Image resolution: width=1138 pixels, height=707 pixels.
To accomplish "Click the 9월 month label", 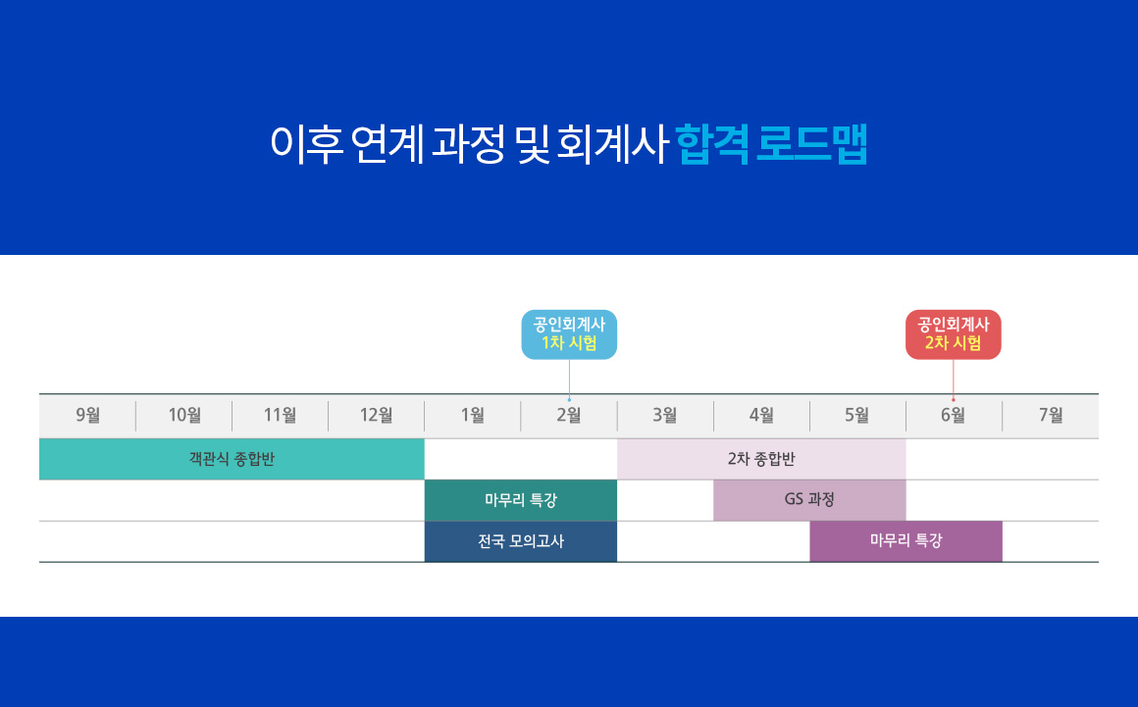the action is [x=88, y=415].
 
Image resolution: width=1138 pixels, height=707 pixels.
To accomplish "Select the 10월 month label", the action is [x=184, y=415].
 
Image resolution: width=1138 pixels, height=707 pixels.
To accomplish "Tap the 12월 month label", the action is [x=376, y=415].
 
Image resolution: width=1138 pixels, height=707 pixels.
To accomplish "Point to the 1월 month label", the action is [x=473, y=415].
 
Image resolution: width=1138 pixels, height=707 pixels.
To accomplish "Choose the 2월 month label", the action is [x=568, y=415].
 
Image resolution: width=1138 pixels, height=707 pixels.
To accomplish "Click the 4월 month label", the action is [x=761, y=415].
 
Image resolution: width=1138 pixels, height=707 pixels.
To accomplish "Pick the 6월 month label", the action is [x=953, y=415].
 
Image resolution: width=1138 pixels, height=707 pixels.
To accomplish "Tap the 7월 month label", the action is [x=1050, y=415].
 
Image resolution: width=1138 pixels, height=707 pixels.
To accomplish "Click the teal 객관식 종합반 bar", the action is [x=232, y=459].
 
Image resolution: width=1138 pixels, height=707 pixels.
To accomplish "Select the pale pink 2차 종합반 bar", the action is [x=761, y=459].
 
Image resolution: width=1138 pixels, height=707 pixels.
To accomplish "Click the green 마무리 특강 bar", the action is [x=520, y=500].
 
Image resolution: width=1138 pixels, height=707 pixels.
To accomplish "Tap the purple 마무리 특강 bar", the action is [x=905, y=541].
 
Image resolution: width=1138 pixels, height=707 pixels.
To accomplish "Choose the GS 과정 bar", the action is [x=809, y=500].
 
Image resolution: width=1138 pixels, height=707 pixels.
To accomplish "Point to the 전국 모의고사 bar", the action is [x=520, y=541].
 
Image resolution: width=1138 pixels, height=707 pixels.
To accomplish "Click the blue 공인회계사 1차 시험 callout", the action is [x=569, y=334].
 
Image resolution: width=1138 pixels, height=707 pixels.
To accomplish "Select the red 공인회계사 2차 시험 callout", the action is [x=953, y=334].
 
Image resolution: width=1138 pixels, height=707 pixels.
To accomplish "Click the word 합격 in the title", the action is [x=712, y=144].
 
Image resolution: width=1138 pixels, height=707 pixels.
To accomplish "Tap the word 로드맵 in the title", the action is [x=812, y=144].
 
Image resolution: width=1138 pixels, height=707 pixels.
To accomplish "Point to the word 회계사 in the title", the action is [x=611, y=144].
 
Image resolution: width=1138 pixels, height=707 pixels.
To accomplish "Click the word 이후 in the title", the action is [x=306, y=144].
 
